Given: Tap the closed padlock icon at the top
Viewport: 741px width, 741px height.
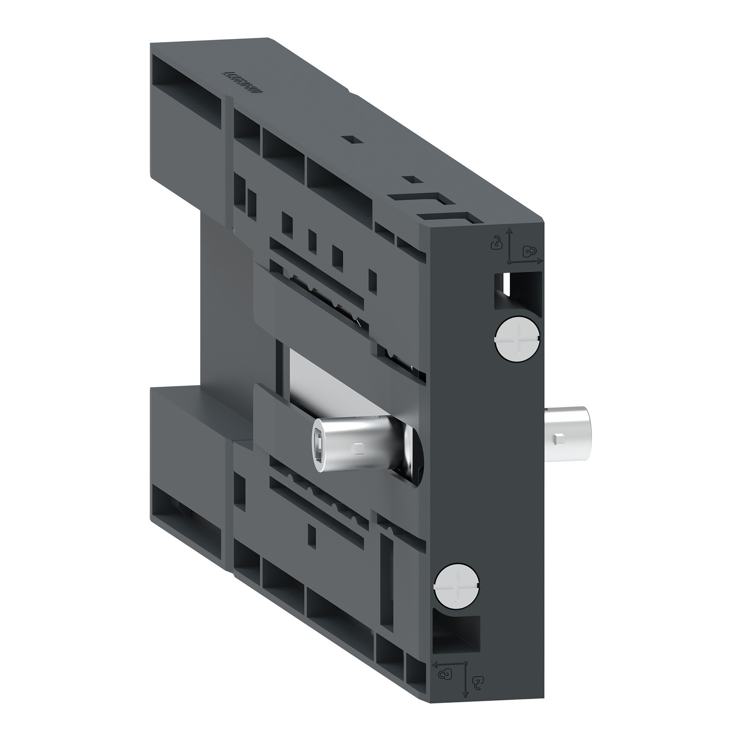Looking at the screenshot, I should tap(530, 251).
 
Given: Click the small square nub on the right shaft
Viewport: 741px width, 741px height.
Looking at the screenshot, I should tap(558, 437).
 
